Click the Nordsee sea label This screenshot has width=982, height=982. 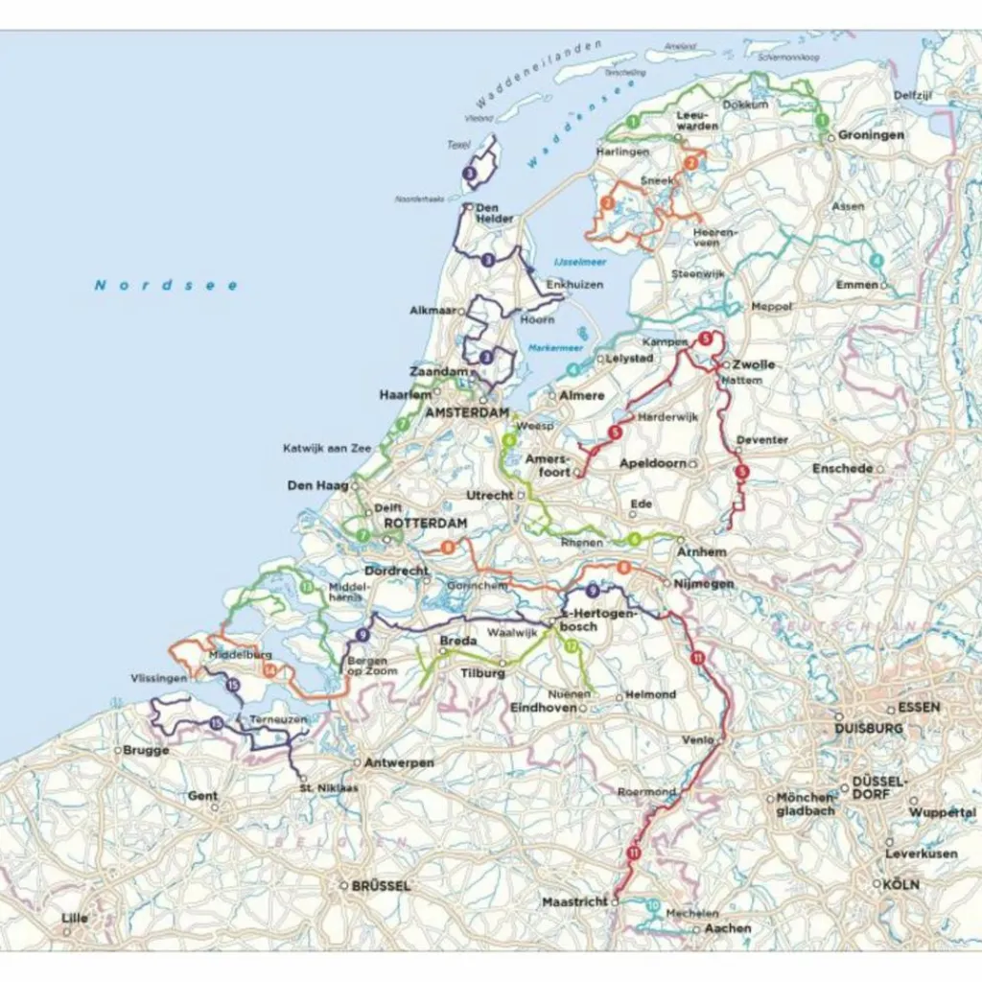pos(165,285)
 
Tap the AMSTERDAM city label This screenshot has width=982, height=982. pos(466,412)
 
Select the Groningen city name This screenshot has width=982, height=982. pos(871,135)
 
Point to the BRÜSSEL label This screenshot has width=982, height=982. pos(381,885)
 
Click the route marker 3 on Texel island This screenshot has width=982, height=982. pos(470,174)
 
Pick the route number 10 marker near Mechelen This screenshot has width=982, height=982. pos(653,905)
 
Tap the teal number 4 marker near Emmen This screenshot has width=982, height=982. pos(875,261)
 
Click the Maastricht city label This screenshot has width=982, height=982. pos(574,902)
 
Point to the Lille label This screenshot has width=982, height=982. pos(74,918)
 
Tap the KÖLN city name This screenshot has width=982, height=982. pos(901,884)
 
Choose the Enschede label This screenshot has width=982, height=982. pos(842,468)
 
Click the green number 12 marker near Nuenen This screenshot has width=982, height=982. pos(573,647)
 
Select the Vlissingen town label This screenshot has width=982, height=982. pos(159,678)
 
